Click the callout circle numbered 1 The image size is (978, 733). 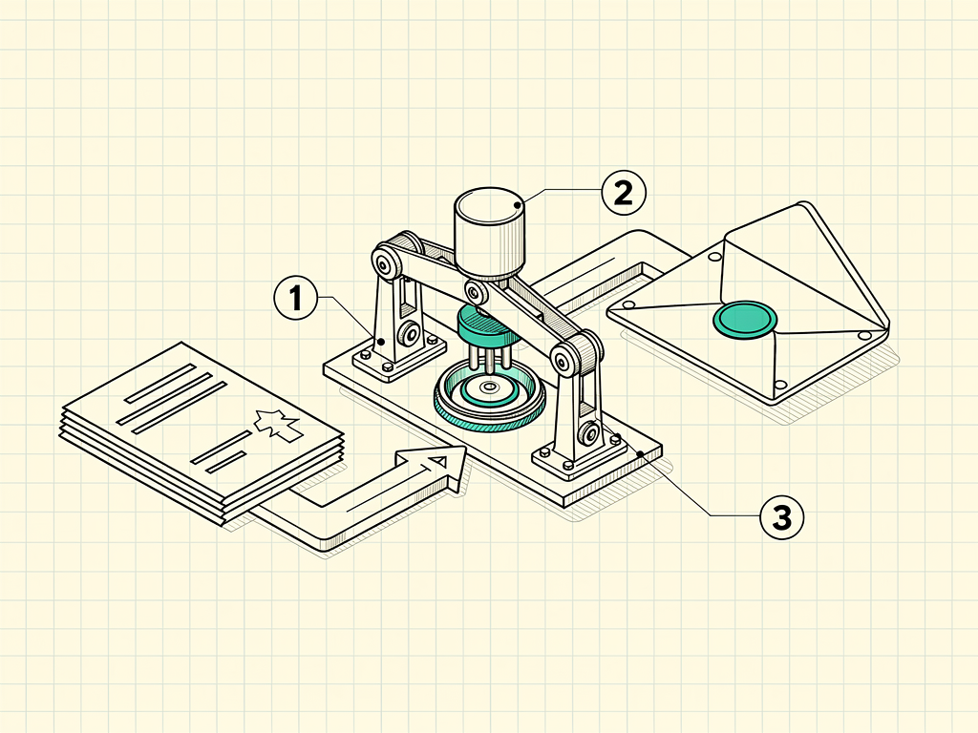(296, 298)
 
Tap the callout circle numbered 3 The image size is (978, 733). (782, 516)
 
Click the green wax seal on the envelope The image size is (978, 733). (745, 321)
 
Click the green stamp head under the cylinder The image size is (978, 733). (487, 327)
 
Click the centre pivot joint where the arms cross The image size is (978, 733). (476, 291)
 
